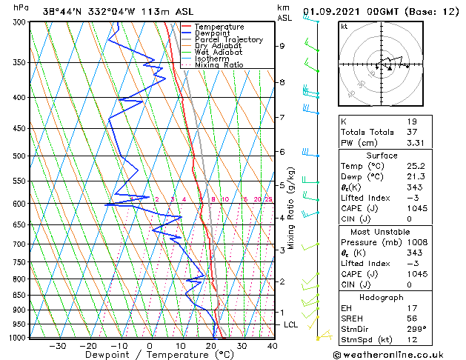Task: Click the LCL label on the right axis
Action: pyautogui.click(x=292, y=324)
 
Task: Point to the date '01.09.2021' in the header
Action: pyautogui.click(x=336, y=10)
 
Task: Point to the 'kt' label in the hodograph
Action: pyautogui.click(x=345, y=26)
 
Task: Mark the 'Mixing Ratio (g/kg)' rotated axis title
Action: pyautogui.click(x=291, y=207)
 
